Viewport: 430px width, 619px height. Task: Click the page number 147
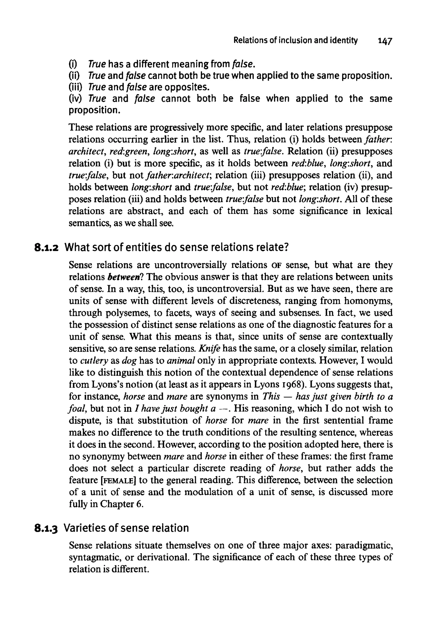[x=385, y=41]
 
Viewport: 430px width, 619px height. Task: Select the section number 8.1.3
[x=47, y=528]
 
